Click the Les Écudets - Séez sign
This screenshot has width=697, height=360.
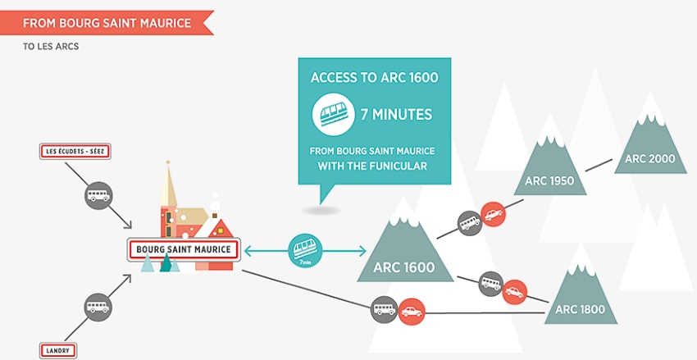(x=75, y=152)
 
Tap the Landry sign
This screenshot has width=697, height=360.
(x=57, y=351)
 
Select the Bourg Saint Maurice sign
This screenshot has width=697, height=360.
(x=184, y=249)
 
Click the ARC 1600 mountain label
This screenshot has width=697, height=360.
(x=403, y=267)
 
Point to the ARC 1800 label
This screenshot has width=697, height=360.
(x=580, y=309)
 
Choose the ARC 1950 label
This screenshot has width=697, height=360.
(x=549, y=181)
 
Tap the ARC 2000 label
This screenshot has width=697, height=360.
(x=650, y=158)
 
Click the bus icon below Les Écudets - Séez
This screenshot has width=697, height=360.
(x=98, y=195)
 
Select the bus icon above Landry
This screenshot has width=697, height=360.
(x=98, y=308)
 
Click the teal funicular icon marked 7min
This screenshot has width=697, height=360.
(x=305, y=251)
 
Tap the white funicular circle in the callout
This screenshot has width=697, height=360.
(x=334, y=114)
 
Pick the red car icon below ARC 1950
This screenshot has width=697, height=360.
(x=494, y=215)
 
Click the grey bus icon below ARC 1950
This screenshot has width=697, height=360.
(x=470, y=223)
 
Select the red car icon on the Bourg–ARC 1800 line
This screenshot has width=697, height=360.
(x=412, y=312)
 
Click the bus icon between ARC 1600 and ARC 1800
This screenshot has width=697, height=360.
(x=491, y=284)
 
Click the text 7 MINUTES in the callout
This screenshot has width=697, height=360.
(x=397, y=115)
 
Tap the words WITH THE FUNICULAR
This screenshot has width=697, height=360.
(x=372, y=166)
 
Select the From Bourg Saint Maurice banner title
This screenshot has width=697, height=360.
(x=107, y=23)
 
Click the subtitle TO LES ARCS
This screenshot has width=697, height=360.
(x=51, y=46)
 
